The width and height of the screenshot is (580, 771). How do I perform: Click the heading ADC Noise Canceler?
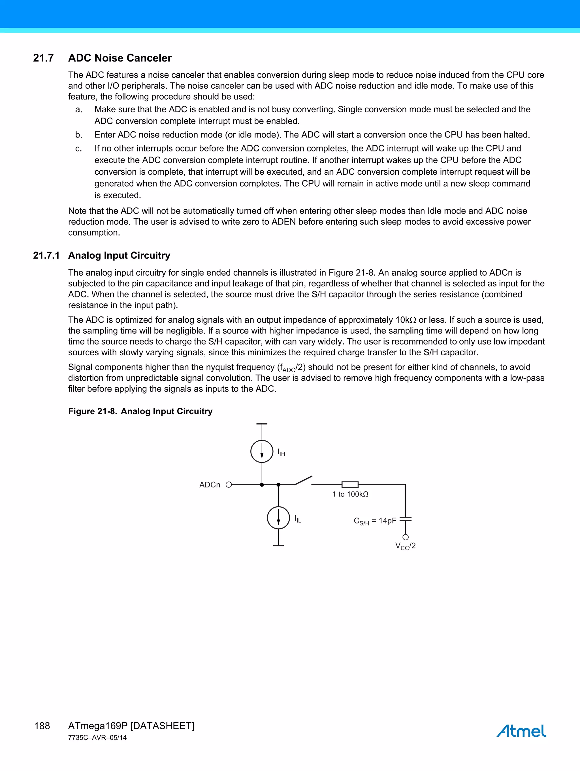(x=120, y=58)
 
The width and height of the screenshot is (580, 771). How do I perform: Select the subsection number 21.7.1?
(x=46, y=255)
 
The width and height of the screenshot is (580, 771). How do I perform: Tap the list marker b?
(x=79, y=135)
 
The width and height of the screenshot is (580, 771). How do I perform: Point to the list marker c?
(x=79, y=149)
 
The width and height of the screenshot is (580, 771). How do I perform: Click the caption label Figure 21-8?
(x=92, y=411)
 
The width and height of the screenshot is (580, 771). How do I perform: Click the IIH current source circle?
(x=262, y=451)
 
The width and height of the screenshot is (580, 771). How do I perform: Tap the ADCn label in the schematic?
(x=210, y=485)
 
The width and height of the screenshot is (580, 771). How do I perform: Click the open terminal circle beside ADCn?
(x=229, y=485)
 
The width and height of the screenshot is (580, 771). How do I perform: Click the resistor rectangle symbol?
(x=350, y=485)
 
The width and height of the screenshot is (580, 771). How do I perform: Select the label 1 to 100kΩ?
(x=350, y=494)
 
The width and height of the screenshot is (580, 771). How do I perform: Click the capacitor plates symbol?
(x=405, y=519)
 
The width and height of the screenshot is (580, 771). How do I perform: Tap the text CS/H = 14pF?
(x=375, y=521)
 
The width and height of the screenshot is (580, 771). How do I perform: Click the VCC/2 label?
(x=405, y=546)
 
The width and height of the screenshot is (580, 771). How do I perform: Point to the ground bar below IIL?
(x=278, y=545)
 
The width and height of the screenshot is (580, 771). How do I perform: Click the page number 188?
(x=42, y=726)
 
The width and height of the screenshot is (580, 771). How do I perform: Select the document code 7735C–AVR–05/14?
(x=97, y=738)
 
